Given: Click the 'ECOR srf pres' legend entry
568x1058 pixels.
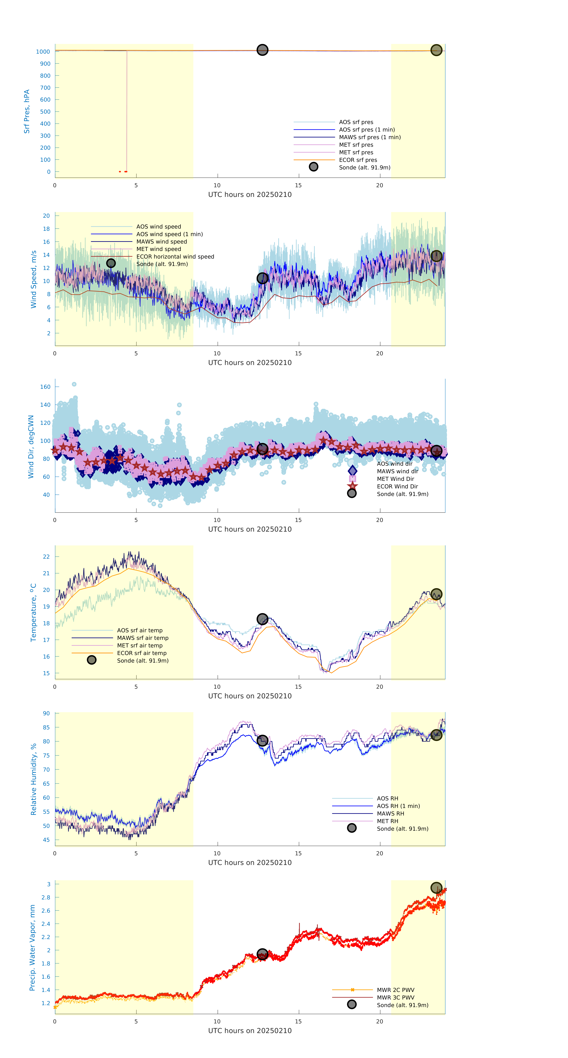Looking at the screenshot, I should coord(358,160).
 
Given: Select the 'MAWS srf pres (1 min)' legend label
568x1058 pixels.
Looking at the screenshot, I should coord(370,137).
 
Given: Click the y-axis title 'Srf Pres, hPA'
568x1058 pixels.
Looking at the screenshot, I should coord(27,111).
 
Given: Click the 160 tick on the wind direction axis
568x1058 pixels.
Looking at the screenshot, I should coord(45,387).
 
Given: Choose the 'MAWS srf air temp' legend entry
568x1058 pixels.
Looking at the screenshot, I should coord(143,638).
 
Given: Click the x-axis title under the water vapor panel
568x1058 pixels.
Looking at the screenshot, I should coord(250,1031).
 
